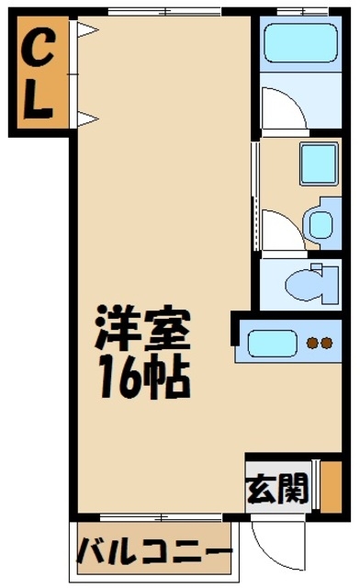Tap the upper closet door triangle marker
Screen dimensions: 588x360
coord(87,30)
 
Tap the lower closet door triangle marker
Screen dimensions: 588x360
coord(87,117)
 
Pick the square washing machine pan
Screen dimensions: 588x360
coord(319,165)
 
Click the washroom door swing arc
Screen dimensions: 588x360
coord(281,230)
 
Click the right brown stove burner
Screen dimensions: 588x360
coord(327,344)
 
